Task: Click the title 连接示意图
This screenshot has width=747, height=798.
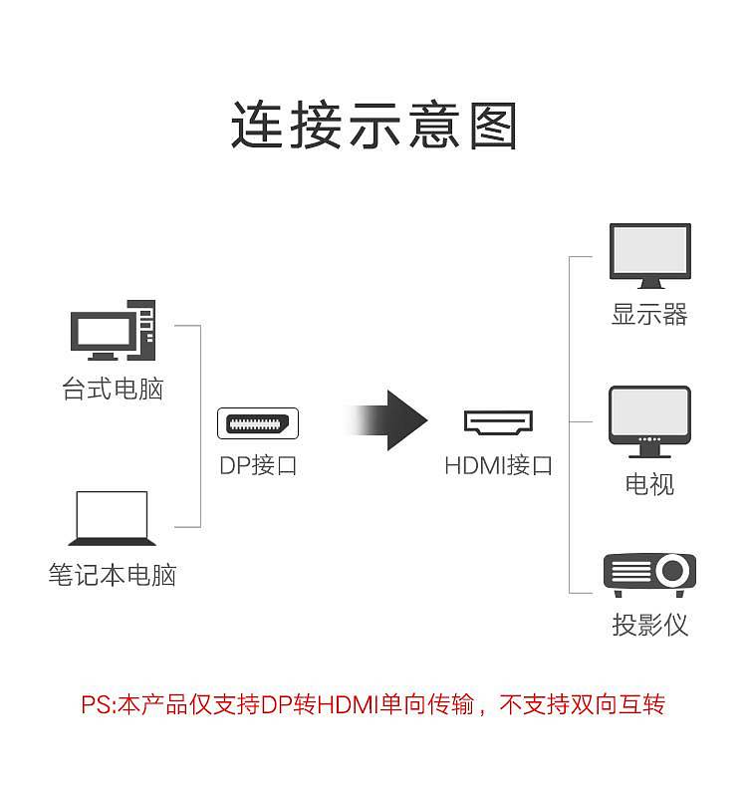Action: click(x=374, y=125)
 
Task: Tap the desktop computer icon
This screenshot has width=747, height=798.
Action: click(x=113, y=331)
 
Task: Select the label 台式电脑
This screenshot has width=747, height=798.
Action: click(x=113, y=390)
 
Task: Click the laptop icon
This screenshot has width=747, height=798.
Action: click(x=112, y=518)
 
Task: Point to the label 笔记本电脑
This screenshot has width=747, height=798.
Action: click(x=113, y=575)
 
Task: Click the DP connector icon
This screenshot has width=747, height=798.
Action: click(x=258, y=423)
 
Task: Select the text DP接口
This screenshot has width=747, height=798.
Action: click(x=258, y=465)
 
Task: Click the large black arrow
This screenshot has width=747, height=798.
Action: click(x=385, y=420)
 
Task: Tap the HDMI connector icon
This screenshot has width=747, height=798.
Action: click(x=498, y=422)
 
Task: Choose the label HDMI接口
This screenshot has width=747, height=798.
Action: click(x=498, y=465)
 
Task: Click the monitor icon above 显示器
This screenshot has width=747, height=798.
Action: click(x=650, y=255)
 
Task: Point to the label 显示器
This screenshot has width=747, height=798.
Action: click(x=649, y=314)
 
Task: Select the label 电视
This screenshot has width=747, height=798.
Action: click(x=649, y=484)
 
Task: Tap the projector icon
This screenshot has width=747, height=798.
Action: click(x=649, y=575)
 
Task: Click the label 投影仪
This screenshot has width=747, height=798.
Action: click(x=649, y=625)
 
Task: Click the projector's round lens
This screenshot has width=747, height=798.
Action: click(x=672, y=571)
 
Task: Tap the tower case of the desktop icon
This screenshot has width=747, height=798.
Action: click(x=142, y=331)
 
